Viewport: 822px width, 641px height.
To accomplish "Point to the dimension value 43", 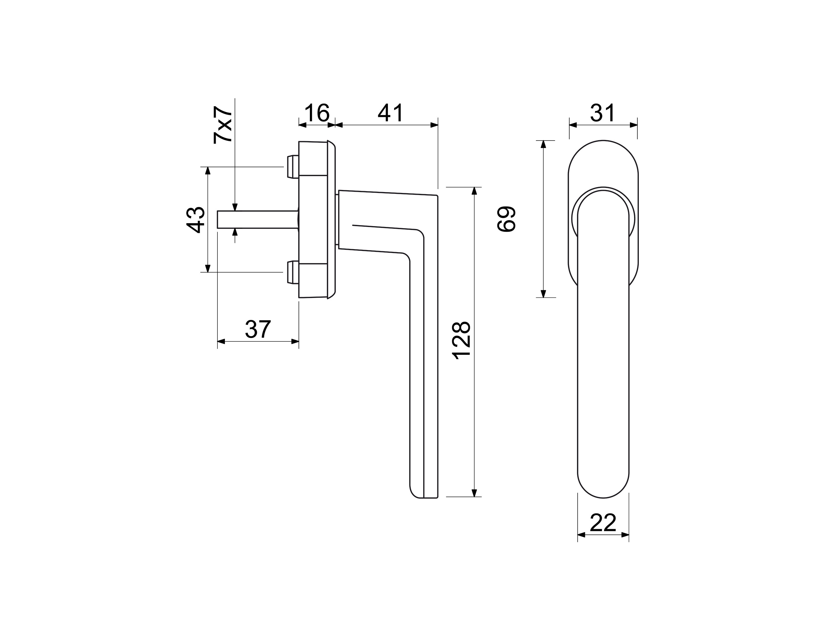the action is (x=195, y=220).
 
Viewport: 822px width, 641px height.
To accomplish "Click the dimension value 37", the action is (x=258, y=329).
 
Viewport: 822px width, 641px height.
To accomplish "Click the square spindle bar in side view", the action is (x=258, y=220).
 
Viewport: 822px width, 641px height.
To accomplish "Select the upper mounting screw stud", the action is (x=293, y=166).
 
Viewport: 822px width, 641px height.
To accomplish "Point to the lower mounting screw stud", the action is (x=293, y=272).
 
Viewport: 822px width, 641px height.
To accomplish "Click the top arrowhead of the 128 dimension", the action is (x=474, y=191).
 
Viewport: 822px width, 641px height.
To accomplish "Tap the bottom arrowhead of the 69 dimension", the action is (x=543, y=294).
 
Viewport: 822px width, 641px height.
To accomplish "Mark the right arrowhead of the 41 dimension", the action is (x=434, y=125).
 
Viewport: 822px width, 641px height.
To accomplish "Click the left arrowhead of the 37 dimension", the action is (x=221, y=342).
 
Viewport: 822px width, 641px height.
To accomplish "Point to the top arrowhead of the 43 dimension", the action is (x=207, y=170).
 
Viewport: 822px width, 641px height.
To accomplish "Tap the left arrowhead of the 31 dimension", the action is (x=573, y=125).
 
